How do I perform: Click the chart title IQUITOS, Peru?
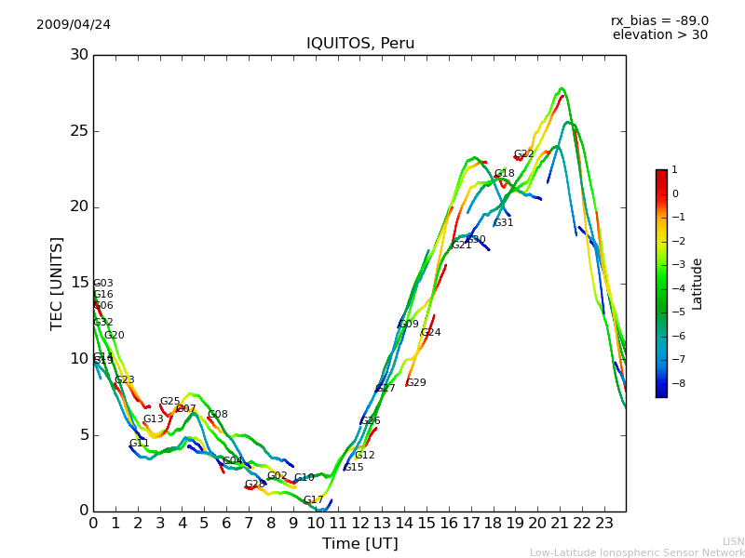pyautogui.click(x=360, y=44)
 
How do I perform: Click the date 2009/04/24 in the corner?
pyautogui.click(x=74, y=24)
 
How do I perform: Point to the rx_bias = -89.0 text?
pyautogui.click(x=659, y=20)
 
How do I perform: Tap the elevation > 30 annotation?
pyautogui.click(x=659, y=35)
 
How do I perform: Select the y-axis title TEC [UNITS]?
pyautogui.click(x=58, y=283)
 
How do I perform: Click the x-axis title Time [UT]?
pyautogui.click(x=359, y=544)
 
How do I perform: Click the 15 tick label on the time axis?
pyautogui.click(x=427, y=523)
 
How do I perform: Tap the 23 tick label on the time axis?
pyautogui.click(x=604, y=523)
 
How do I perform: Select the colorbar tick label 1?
pyautogui.click(x=674, y=170)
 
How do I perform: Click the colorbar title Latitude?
pyautogui.click(x=698, y=284)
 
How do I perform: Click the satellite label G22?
pyautogui.click(x=524, y=154)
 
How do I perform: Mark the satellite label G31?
pyautogui.click(x=504, y=223)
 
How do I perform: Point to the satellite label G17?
pyautogui.click(x=314, y=500)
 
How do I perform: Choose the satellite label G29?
pyautogui.click(x=416, y=383)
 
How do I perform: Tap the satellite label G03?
pyautogui.click(x=103, y=284)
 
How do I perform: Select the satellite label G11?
pyautogui.click(x=140, y=444)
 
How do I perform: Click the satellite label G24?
pyautogui.click(x=431, y=333)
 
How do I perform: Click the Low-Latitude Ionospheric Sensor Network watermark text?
pyautogui.click(x=637, y=552)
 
